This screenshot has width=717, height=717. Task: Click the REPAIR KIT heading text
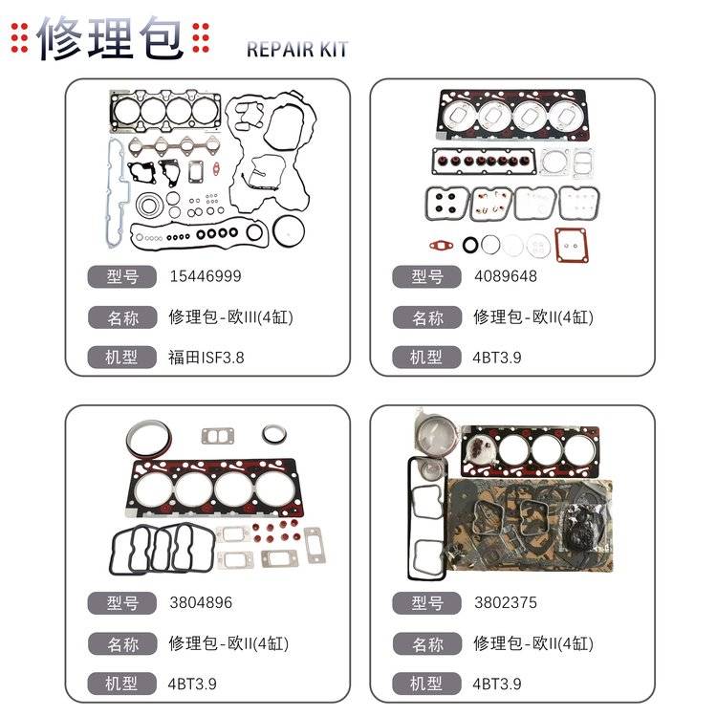tap(297, 50)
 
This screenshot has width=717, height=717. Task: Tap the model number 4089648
tap(505, 277)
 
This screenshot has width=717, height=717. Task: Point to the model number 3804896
tap(200, 603)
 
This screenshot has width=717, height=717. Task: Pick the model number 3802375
tap(505, 603)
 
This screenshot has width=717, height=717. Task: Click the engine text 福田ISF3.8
tap(206, 358)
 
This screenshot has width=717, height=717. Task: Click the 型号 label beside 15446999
tap(121, 277)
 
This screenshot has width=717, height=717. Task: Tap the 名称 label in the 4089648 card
tap(427, 317)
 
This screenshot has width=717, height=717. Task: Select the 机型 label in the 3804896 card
tap(121, 684)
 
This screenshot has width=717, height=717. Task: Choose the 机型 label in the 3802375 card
tap(427, 684)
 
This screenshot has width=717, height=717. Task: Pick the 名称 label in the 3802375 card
tap(427, 643)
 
